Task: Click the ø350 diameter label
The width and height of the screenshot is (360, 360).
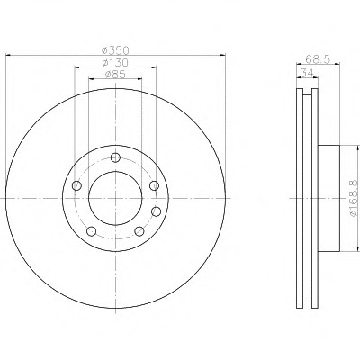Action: point(115,50)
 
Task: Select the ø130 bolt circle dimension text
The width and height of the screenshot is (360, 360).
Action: point(115,62)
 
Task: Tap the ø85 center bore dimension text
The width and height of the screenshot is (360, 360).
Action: point(115,74)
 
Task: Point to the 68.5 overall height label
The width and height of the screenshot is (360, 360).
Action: point(318,59)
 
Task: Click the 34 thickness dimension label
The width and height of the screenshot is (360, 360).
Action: point(307,73)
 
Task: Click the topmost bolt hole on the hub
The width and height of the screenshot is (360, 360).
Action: point(115,157)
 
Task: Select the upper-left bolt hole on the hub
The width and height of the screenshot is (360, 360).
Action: point(77,185)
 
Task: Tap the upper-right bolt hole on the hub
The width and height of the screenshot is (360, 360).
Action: point(154,185)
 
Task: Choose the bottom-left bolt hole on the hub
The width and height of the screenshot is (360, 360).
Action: point(91,231)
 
